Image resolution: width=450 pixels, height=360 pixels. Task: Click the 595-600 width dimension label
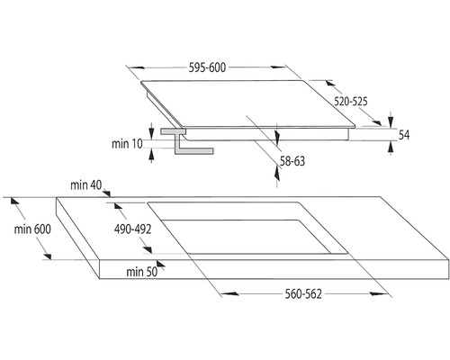point(207,67)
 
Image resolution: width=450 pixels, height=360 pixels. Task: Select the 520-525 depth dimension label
point(351,102)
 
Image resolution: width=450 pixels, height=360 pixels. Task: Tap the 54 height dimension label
point(404,135)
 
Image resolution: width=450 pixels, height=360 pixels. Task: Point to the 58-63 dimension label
point(292,161)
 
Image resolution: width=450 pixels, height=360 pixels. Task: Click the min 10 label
point(127,144)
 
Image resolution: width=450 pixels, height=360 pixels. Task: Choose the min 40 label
point(86,185)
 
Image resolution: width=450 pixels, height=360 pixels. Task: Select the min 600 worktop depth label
point(32,229)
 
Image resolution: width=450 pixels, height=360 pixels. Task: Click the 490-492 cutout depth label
point(132,229)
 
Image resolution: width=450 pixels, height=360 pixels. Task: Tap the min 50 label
point(141,272)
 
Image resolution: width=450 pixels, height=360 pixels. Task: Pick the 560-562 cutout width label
point(303,294)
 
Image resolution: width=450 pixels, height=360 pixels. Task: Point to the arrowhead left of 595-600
point(137,67)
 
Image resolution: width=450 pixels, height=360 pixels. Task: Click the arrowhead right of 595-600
point(278,67)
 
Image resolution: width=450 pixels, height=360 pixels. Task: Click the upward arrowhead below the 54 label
point(391,148)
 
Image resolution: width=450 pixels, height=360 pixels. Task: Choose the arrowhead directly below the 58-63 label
point(277,174)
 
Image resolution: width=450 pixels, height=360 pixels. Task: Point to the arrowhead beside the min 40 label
point(107,193)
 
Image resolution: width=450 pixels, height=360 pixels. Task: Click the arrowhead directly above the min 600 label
point(15,201)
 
